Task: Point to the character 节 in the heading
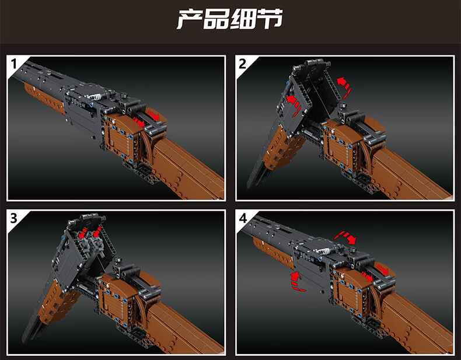click(269, 19)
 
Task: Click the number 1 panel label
click(14, 64)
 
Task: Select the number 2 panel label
click(243, 64)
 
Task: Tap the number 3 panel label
click(14, 218)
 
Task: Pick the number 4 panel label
click(243, 218)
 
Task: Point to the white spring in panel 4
click(325, 251)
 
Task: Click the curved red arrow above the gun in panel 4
click(345, 236)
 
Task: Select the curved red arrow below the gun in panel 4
click(297, 282)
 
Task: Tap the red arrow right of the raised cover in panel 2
click(344, 86)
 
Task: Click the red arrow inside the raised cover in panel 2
click(294, 102)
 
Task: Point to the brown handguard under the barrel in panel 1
click(44, 99)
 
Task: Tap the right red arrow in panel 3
click(98, 231)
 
